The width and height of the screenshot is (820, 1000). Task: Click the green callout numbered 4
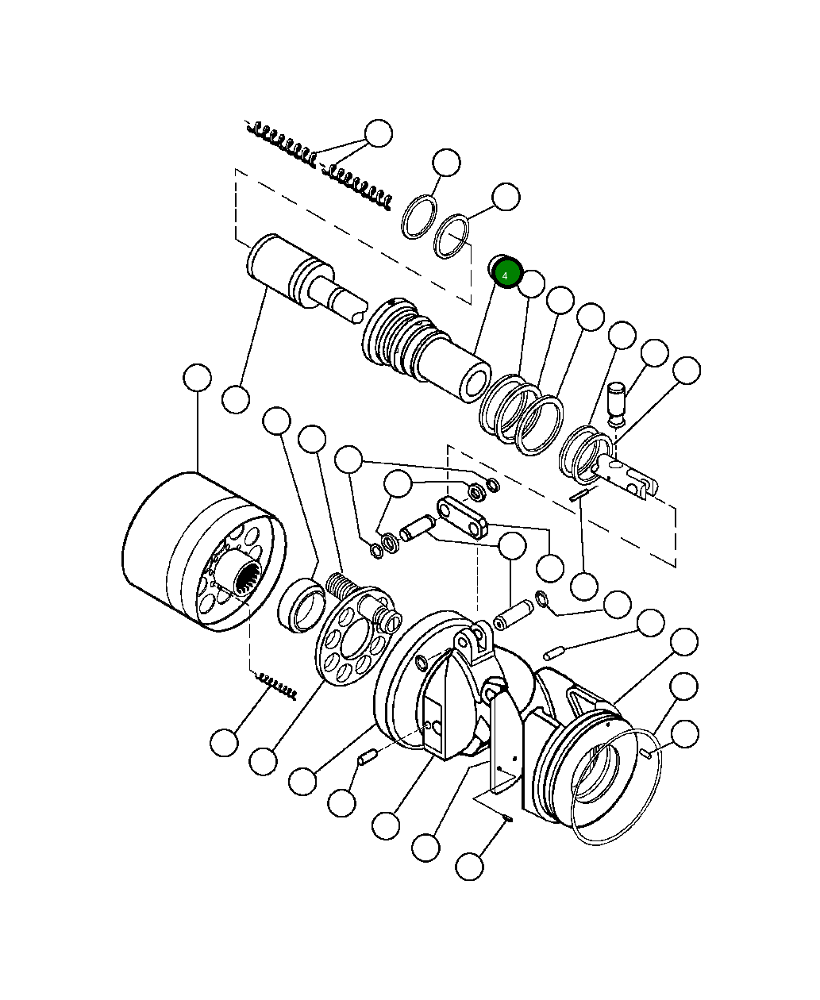tap(506, 274)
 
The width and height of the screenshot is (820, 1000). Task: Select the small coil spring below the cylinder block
tap(277, 687)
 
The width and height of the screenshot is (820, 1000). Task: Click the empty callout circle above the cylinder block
tap(197, 378)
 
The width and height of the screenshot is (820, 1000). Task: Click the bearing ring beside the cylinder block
tap(301, 605)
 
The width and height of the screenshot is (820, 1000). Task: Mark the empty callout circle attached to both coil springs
tap(379, 133)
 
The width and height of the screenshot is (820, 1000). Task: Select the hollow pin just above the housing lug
tap(513, 615)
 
